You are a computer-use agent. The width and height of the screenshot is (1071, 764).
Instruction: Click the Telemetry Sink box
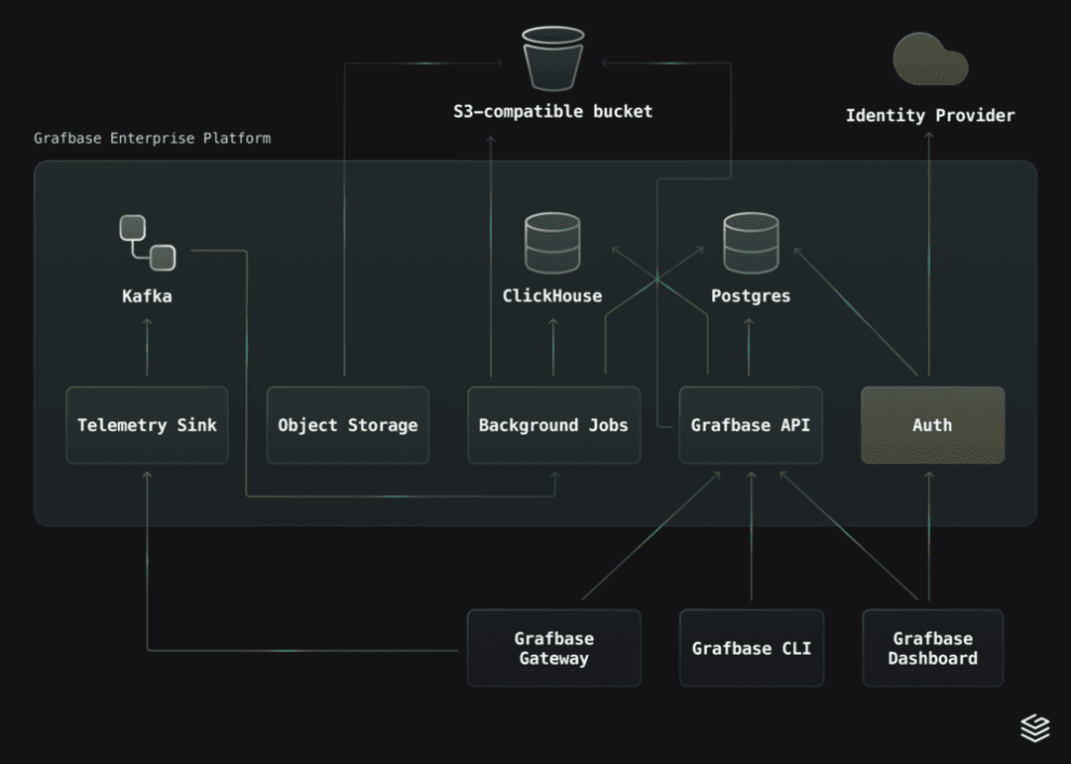pos(147,425)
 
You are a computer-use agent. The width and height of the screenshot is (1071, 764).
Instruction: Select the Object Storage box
pos(347,425)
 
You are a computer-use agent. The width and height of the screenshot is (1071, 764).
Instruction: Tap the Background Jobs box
pos(553,425)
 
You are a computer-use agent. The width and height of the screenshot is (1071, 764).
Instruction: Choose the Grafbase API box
pos(751,425)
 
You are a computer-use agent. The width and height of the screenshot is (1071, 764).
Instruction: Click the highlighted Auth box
pos(932,425)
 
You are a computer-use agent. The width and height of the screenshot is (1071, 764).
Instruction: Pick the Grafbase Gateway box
pos(553,648)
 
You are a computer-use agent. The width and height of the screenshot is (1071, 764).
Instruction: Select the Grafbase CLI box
pos(752,648)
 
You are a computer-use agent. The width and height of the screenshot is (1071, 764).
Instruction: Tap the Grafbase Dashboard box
pos(932,648)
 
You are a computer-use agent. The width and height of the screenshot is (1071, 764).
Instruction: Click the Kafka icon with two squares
pos(147,242)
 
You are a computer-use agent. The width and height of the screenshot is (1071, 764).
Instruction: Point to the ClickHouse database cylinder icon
pos(552,244)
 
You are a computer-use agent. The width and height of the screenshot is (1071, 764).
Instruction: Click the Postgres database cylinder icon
pos(751,244)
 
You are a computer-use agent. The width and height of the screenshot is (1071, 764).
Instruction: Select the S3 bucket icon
pos(553,58)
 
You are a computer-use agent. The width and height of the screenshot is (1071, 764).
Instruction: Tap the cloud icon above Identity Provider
pos(930,58)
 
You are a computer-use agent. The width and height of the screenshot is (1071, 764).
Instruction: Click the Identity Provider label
pos(930,116)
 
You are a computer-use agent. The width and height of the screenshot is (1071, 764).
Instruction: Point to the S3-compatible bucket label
pos(553,111)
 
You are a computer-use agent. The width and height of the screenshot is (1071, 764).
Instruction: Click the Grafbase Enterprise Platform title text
pos(152,138)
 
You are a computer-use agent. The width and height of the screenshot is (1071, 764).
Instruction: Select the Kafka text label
pos(147,295)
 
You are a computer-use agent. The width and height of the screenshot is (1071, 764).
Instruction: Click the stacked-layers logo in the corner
pos(1035,728)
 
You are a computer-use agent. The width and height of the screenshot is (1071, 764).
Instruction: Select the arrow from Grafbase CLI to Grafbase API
pos(751,535)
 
